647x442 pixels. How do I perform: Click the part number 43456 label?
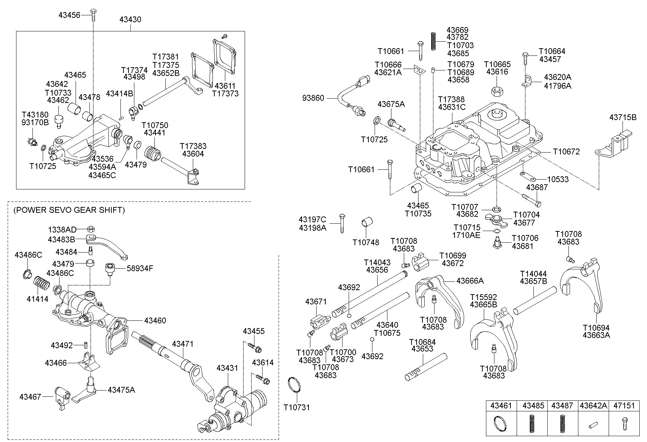point(69,15)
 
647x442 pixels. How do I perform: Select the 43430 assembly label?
point(130,19)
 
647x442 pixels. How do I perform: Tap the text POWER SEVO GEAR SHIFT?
point(69,210)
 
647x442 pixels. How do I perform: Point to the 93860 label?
point(313,98)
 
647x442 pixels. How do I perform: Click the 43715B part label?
point(623,117)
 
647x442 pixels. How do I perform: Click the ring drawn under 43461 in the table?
point(499,424)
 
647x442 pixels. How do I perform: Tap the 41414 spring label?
point(37,299)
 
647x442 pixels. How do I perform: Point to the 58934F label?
point(140,268)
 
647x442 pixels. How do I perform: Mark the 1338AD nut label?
point(62,230)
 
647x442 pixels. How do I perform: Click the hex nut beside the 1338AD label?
point(92,229)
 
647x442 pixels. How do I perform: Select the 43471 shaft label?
point(183,344)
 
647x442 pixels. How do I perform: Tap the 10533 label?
point(558,179)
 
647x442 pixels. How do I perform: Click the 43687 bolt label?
point(537,187)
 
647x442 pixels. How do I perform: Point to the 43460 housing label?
point(155,320)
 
